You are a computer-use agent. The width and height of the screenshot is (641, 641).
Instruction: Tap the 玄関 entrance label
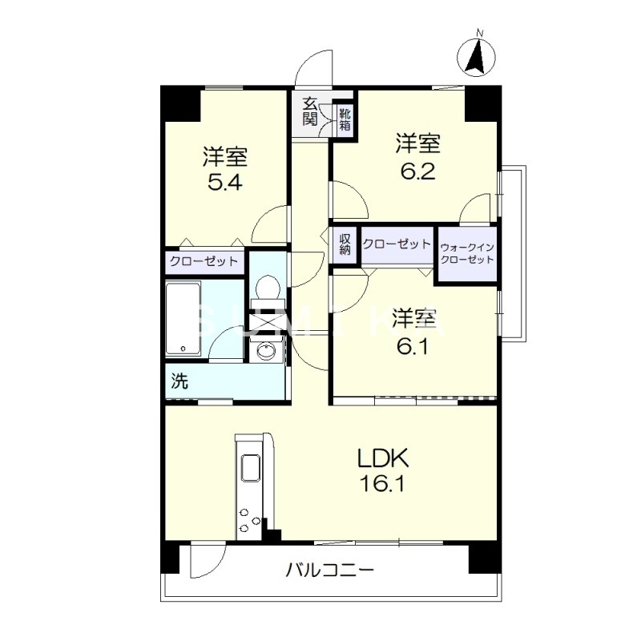pyautogui.click(x=310, y=111)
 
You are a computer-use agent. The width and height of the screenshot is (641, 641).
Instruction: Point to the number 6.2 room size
pyautogui.click(x=417, y=171)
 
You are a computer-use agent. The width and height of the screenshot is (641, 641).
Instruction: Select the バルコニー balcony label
pyautogui.click(x=330, y=571)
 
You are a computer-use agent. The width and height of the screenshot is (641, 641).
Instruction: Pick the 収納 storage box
pyautogui.click(x=345, y=244)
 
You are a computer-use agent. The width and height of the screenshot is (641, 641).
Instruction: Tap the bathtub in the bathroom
pyautogui.click(x=183, y=318)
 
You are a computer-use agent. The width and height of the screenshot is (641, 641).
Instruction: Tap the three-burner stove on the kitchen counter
pyautogui.click(x=249, y=521)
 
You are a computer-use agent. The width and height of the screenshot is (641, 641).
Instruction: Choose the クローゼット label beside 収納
pyautogui.click(x=397, y=244)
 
